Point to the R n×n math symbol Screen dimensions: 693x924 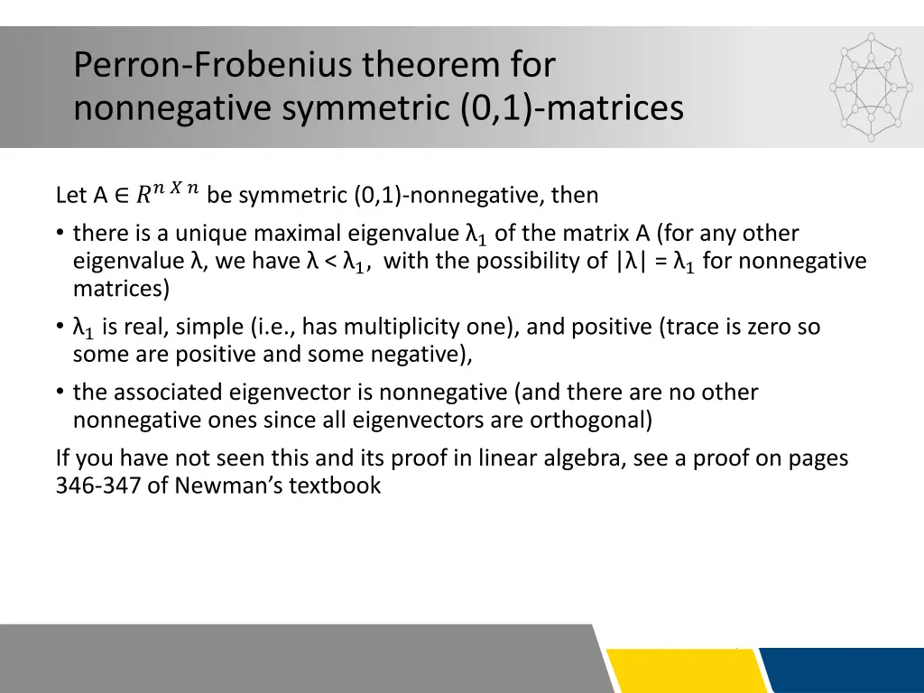point(168,192)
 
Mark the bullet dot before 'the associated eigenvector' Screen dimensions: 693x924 point(60,393)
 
